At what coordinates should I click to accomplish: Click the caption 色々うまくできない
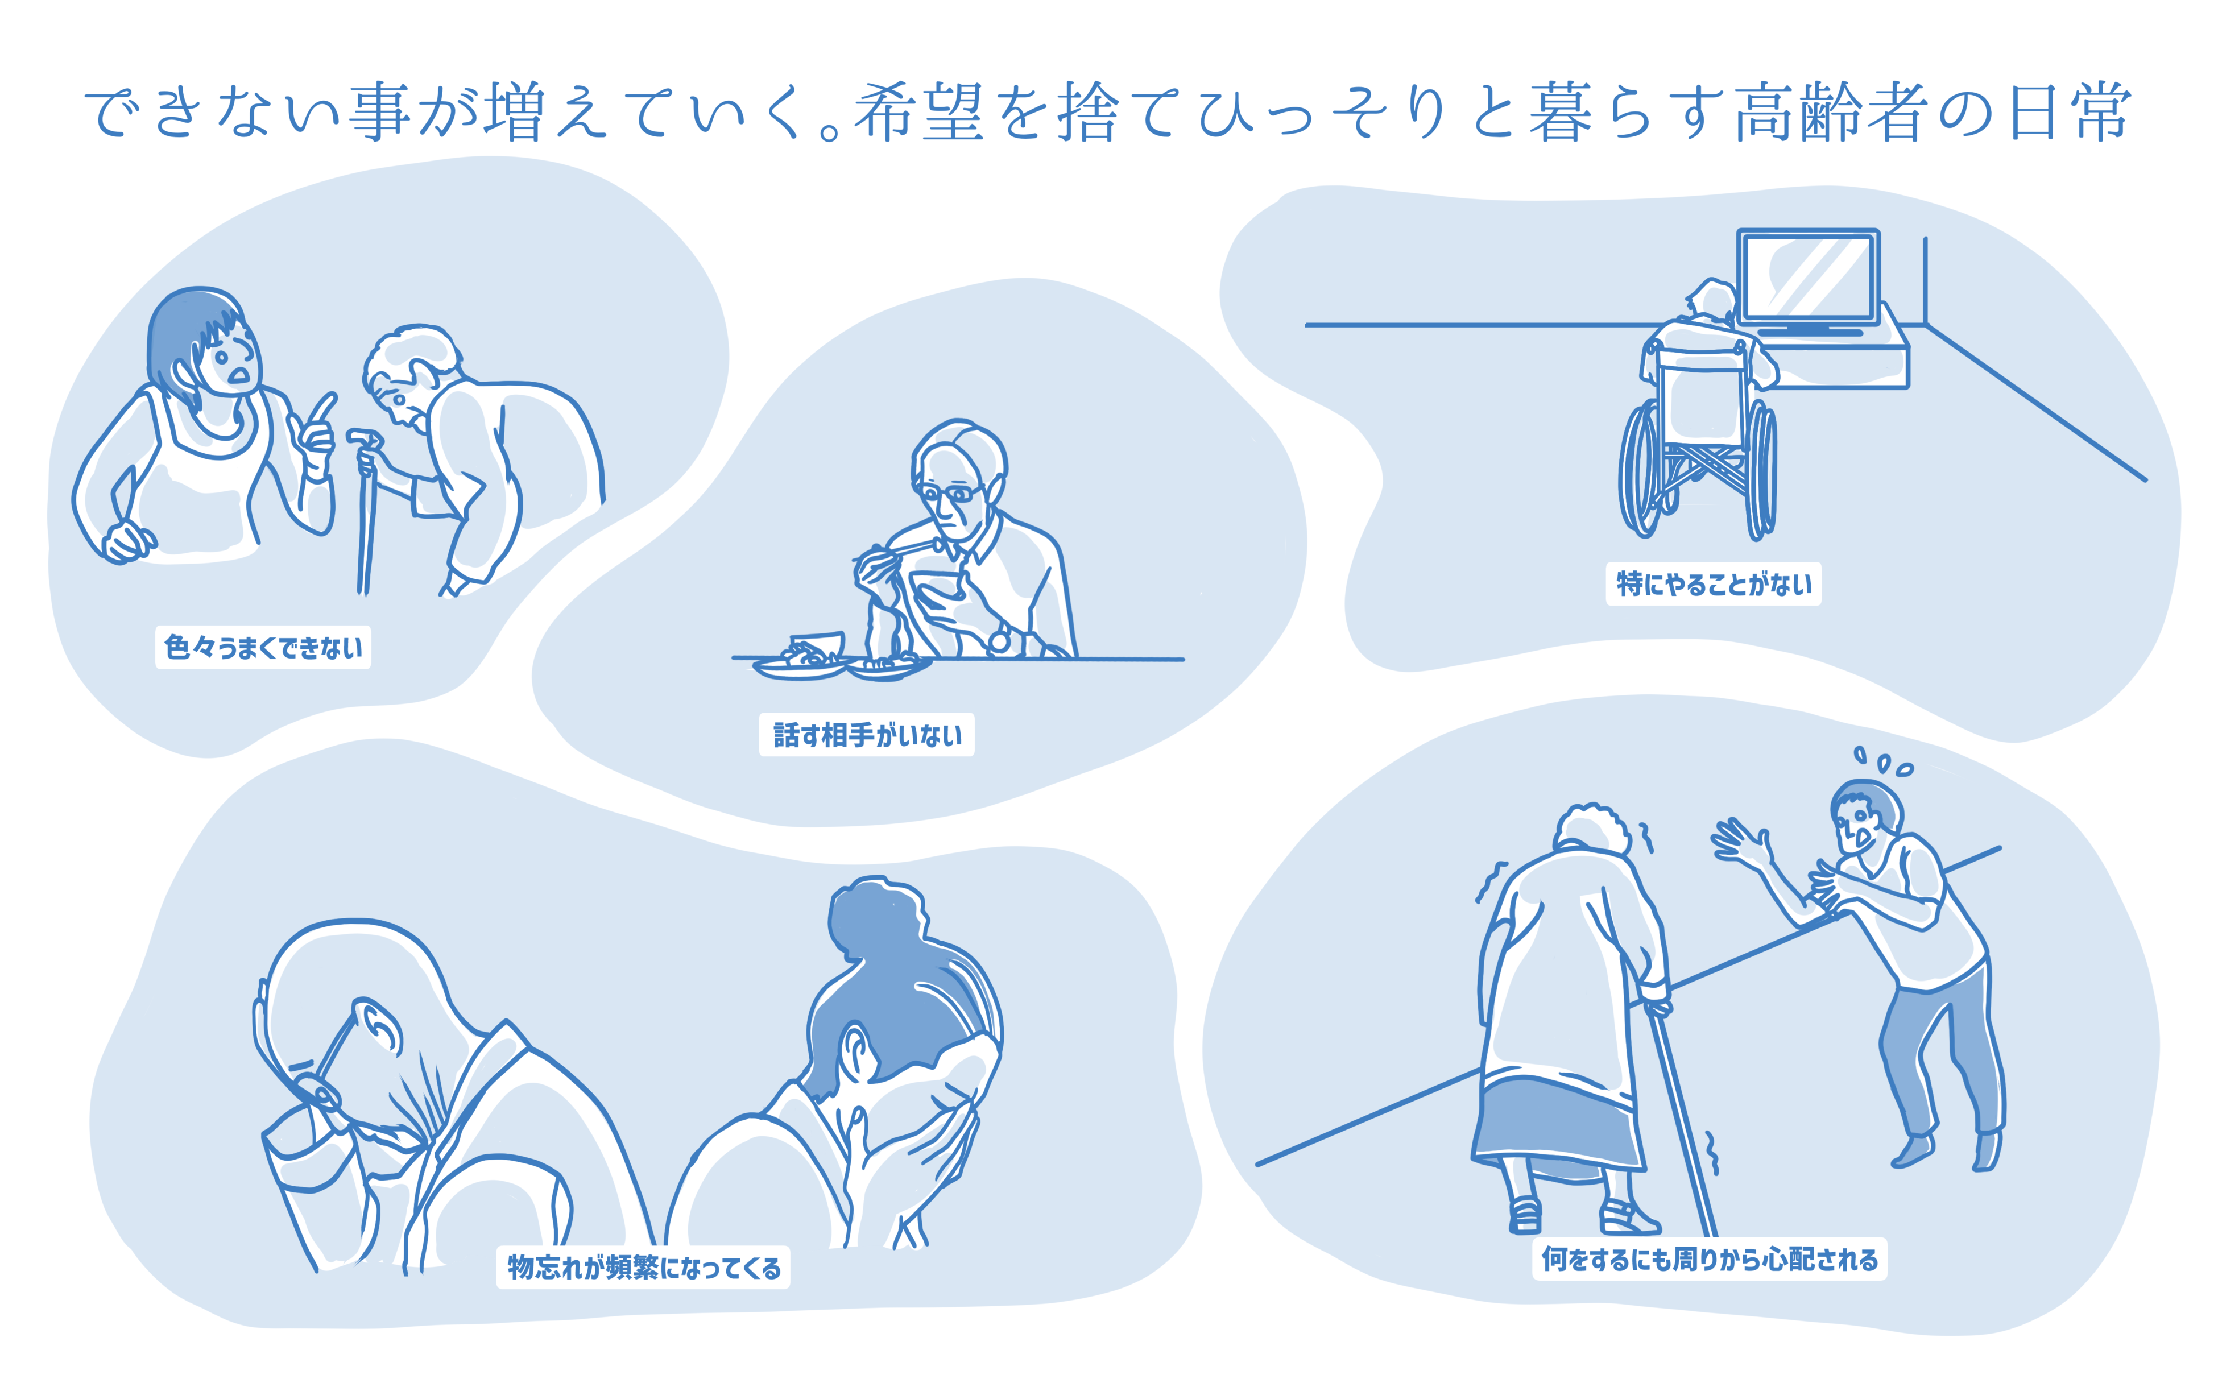tap(263, 648)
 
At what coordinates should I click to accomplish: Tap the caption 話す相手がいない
tap(866, 735)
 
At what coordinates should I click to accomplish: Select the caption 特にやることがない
tap(1713, 583)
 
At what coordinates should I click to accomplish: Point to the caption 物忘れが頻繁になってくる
tap(643, 1267)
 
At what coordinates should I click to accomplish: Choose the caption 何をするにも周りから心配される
tap(1708, 1260)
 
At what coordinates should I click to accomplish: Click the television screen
tap(1807, 275)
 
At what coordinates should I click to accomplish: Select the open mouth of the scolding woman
tap(239, 375)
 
